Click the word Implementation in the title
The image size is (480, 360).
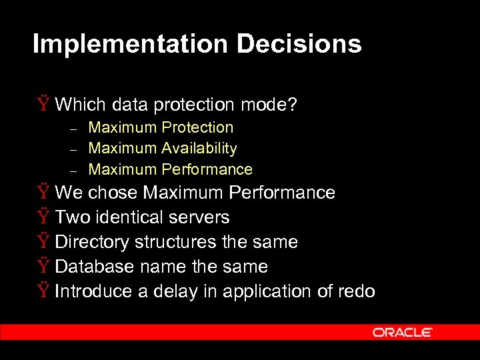130,44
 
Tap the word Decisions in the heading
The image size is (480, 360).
298,44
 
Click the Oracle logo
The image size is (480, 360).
403,332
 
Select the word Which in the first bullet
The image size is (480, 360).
81,105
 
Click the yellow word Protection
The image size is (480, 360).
197,127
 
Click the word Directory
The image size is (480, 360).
92,242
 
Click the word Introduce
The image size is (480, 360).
93,291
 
